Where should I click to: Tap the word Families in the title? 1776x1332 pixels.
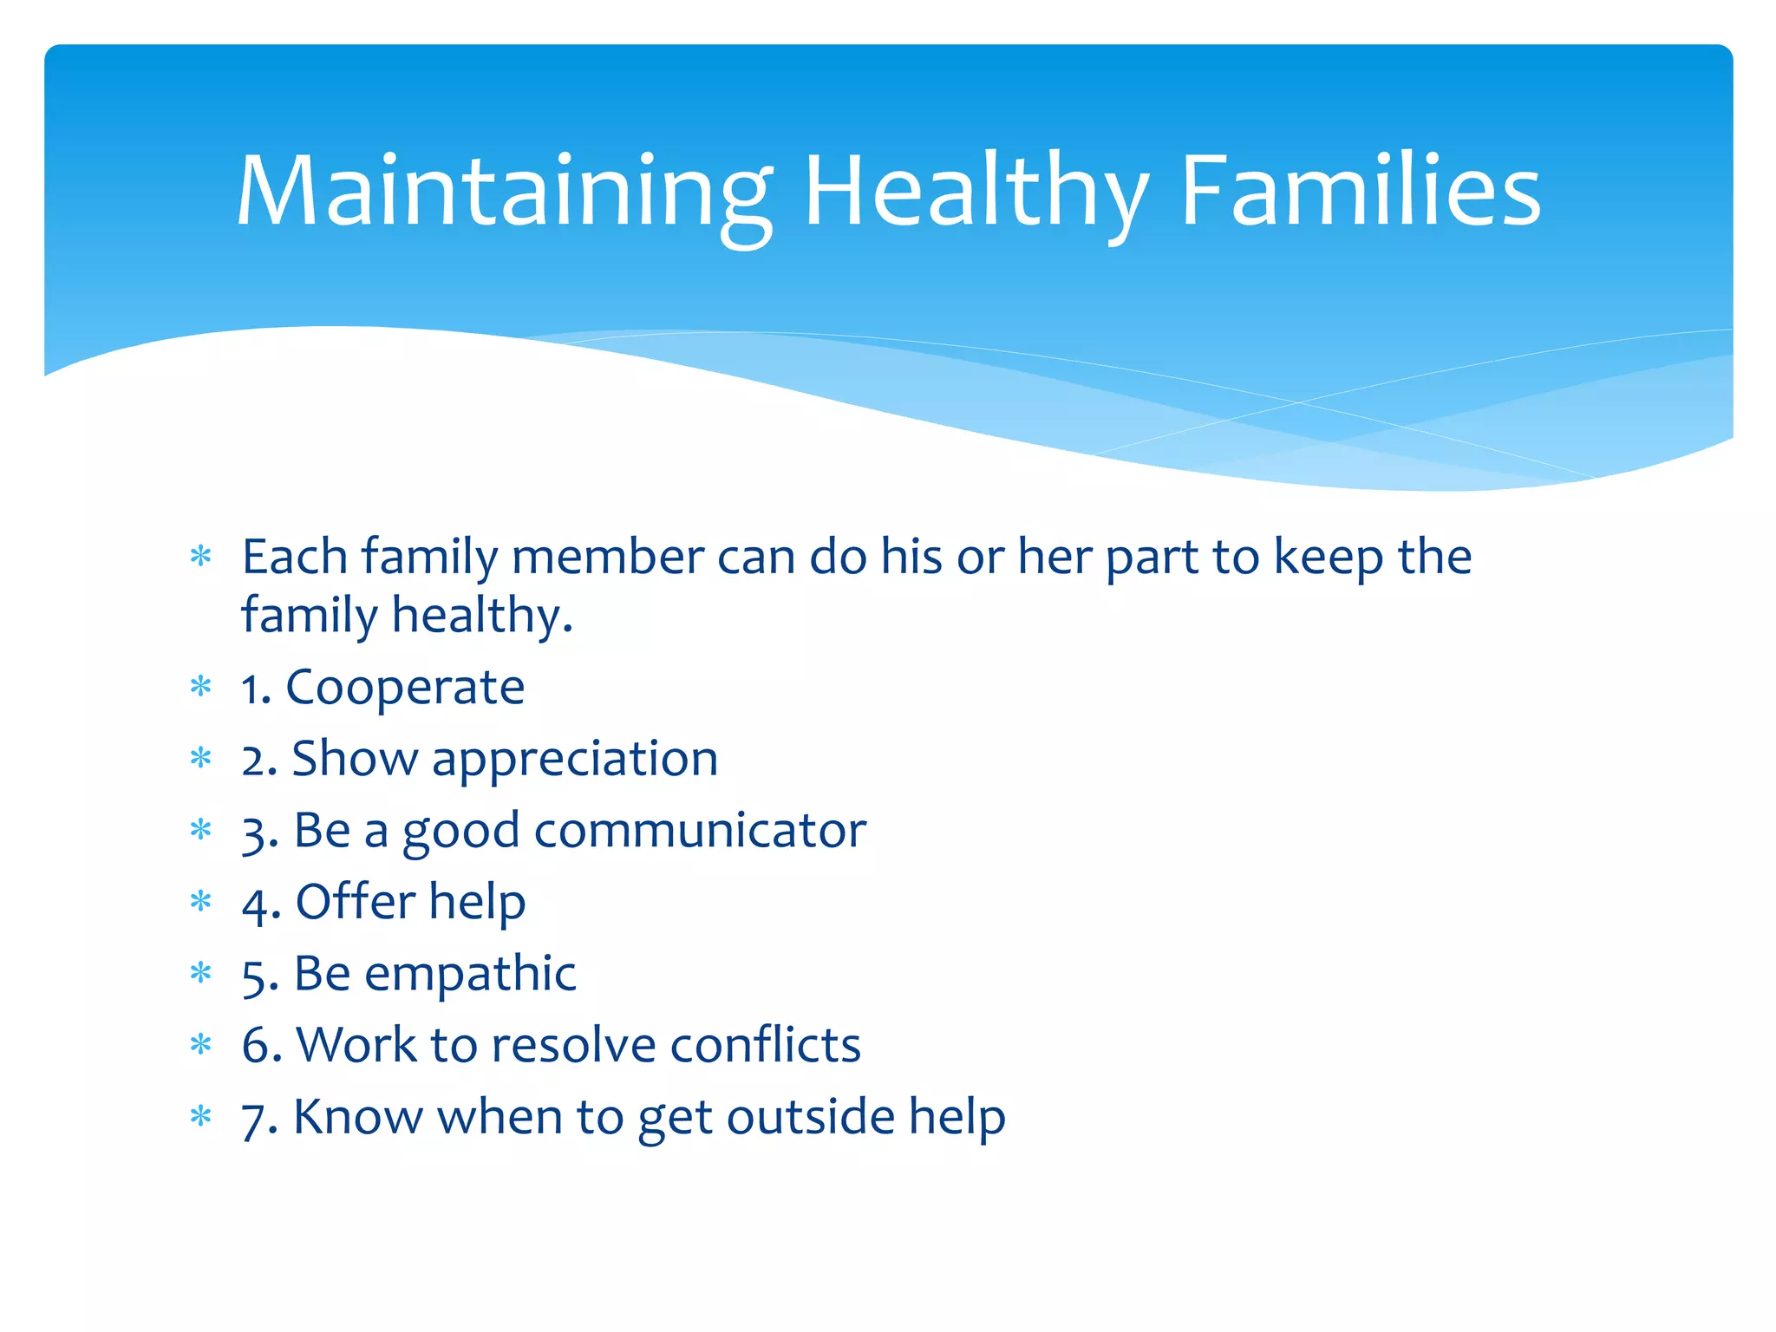(x=1361, y=193)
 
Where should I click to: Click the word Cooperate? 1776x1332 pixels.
(x=405, y=688)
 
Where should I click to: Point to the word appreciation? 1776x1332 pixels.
(x=575, y=760)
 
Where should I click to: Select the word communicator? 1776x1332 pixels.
(x=700, y=831)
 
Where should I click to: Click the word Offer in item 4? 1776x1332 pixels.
(x=356, y=902)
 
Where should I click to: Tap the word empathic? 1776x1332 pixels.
(x=470, y=974)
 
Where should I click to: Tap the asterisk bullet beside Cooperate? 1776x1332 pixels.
(x=201, y=688)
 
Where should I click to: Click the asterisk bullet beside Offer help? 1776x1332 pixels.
(x=201, y=902)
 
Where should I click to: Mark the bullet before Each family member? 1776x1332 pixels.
(x=201, y=556)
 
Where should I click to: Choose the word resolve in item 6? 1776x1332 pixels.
(x=573, y=1045)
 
